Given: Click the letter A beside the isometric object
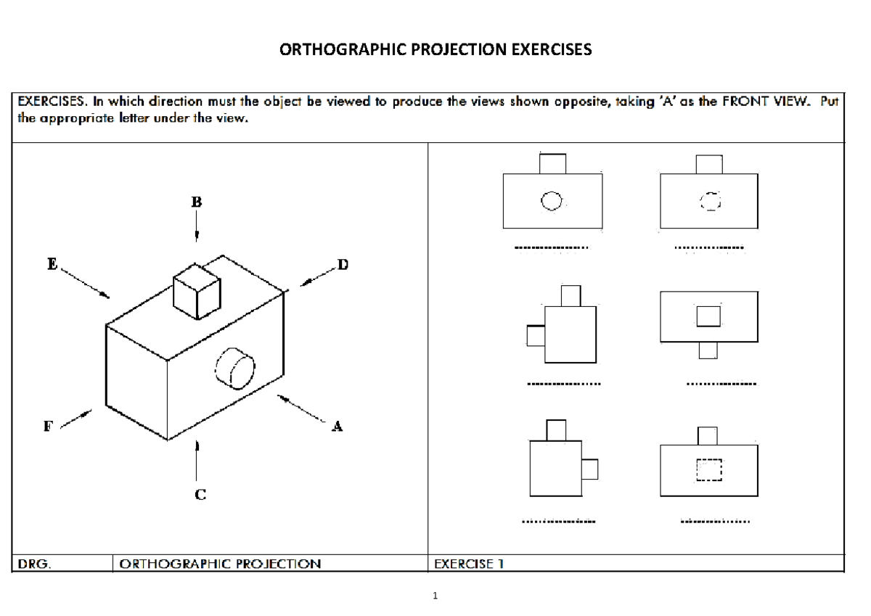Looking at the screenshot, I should [336, 427].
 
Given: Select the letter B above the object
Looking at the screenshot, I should [196, 202].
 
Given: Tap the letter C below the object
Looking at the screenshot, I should [200, 495].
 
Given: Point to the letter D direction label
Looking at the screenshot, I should [343, 266].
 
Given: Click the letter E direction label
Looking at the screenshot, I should [52, 266].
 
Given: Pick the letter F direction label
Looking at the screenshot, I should [47, 427].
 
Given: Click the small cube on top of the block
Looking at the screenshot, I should [196, 290].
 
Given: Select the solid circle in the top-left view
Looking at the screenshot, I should [552, 200].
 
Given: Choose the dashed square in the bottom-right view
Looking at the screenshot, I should [709, 469].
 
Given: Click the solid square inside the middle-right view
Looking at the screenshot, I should [708, 316].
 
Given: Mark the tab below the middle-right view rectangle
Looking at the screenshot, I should [708, 350].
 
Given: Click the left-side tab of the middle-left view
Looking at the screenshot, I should [536, 336].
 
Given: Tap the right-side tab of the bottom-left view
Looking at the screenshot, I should [589, 469].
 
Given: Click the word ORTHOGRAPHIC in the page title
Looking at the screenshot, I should [341, 50].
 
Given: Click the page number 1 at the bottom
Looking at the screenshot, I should [435, 596].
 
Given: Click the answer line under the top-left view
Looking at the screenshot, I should [551, 248].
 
